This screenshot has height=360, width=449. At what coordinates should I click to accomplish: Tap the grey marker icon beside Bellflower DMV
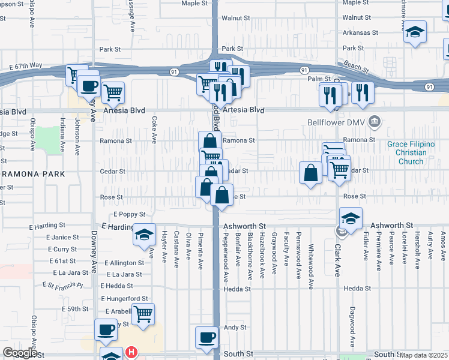[x=375, y=122]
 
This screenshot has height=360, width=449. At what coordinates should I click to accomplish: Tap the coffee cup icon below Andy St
[x=207, y=337]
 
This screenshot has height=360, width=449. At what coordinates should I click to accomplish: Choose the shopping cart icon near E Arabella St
[x=143, y=313]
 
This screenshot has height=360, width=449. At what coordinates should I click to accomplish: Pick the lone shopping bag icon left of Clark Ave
[x=310, y=173]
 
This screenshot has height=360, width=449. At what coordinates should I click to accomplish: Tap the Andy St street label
[x=235, y=328]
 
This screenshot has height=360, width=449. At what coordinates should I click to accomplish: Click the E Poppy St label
[x=129, y=214]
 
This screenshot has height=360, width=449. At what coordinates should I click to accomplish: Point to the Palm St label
[x=319, y=79]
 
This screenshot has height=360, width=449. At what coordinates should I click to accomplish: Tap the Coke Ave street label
[x=154, y=130]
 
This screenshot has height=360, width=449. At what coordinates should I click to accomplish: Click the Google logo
[x=20, y=353]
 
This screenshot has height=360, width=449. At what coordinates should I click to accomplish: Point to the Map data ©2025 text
[x=423, y=355]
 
